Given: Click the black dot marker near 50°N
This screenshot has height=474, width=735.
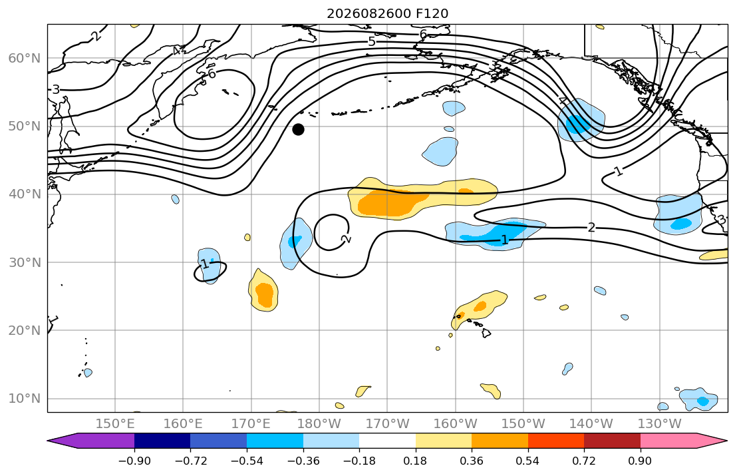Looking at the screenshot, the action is click(x=298, y=130).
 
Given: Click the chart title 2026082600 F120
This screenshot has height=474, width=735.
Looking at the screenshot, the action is click(x=387, y=13).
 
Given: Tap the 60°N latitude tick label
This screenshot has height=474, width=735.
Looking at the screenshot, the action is click(x=25, y=58).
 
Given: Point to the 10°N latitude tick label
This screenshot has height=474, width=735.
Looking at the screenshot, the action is click(x=25, y=399).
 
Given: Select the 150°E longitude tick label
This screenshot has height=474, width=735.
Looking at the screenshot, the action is click(x=115, y=424).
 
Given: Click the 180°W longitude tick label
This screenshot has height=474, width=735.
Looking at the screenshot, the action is click(x=319, y=424).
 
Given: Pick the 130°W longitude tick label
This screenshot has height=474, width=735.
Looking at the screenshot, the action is click(x=660, y=424).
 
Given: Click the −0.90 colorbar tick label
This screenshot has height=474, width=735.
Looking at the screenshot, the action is click(x=134, y=461).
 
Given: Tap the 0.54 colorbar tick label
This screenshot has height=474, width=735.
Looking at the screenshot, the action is click(x=528, y=461).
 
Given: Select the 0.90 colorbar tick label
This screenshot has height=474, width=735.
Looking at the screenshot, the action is click(x=641, y=461).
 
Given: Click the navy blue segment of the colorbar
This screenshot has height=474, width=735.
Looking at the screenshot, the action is click(x=162, y=441).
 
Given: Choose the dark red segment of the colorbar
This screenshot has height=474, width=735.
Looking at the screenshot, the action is click(x=612, y=441).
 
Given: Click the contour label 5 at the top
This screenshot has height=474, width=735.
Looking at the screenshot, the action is click(x=372, y=42).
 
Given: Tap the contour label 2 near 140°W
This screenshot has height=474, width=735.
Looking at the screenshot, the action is click(x=591, y=228).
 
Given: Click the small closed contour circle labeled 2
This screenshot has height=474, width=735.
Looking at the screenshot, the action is click(x=332, y=215).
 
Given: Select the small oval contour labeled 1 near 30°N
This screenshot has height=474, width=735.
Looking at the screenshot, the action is click(x=210, y=271).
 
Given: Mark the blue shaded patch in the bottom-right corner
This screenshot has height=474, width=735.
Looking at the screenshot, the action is click(x=698, y=399).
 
